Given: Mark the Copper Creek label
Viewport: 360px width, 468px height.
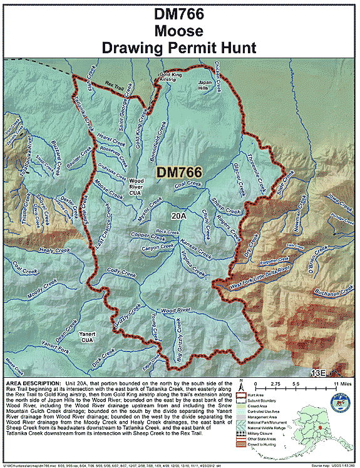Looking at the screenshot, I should (x=148, y=235).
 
